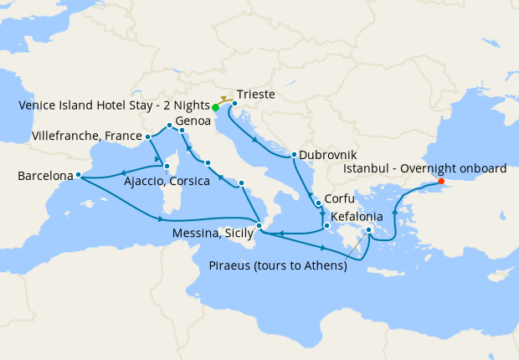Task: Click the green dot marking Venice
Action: [x=215, y=108]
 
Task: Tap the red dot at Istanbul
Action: [x=441, y=182]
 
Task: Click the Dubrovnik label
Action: [x=327, y=155]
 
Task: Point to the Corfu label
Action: [x=339, y=199]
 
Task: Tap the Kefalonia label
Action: [x=357, y=216]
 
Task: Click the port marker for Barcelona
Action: [x=77, y=175]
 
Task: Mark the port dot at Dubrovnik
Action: [x=294, y=155]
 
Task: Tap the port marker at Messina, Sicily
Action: [x=259, y=226]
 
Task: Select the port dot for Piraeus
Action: [x=369, y=229]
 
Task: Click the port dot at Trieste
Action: [x=234, y=104]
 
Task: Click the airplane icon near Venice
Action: [x=224, y=99]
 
